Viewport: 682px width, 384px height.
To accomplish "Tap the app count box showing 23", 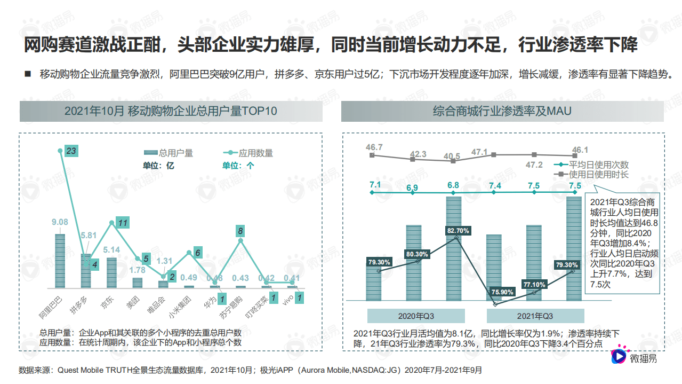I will (x=71, y=151).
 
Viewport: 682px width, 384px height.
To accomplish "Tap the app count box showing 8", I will (x=241, y=231).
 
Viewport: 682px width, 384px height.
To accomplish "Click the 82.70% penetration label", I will (x=459, y=231).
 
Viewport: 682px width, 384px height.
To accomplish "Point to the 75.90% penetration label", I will (x=502, y=292).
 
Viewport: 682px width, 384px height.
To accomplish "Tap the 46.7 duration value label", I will (x=374, y=147).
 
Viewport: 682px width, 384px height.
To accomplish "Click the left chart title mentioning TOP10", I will (x=171, y=111).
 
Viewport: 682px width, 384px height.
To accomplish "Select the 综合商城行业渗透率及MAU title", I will (x=502, y=111).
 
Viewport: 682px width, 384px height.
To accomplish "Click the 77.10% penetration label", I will (x=535, y=285).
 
